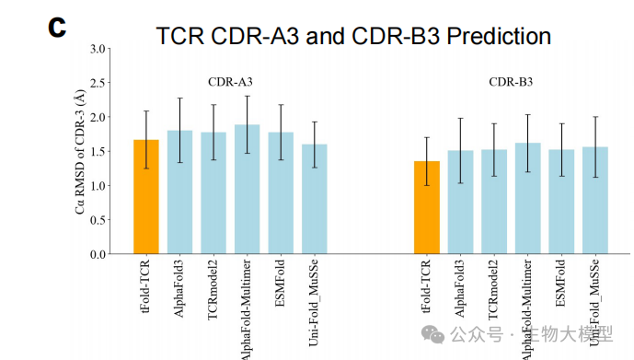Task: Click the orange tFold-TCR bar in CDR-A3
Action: coord(146,197)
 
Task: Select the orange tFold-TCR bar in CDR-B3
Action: coord(426,208)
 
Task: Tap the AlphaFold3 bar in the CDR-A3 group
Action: coord(179,192)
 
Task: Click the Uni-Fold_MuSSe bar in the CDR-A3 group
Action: coord(315,199)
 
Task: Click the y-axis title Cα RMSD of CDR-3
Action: coord(80,152)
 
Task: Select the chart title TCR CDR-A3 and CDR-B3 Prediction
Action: coord(353,36)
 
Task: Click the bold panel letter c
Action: coord(57,27)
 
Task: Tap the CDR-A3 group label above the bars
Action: coord(230,81)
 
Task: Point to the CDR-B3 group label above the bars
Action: coord(511,81)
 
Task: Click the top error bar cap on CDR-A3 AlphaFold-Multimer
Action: coord(247,96)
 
